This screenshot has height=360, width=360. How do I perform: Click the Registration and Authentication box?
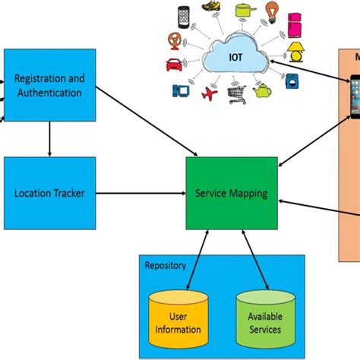(x=50, y=85)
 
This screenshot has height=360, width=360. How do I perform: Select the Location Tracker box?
(x=50, y=194)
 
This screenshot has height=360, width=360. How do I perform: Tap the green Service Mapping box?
(x=231, y=194)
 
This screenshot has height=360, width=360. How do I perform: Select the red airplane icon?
(x=208, y=94)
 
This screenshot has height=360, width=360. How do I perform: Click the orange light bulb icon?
(x=271, y=11)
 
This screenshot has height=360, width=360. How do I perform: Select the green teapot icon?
(x=263, y=91)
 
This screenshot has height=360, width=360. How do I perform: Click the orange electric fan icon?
(x=174, y=39)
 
